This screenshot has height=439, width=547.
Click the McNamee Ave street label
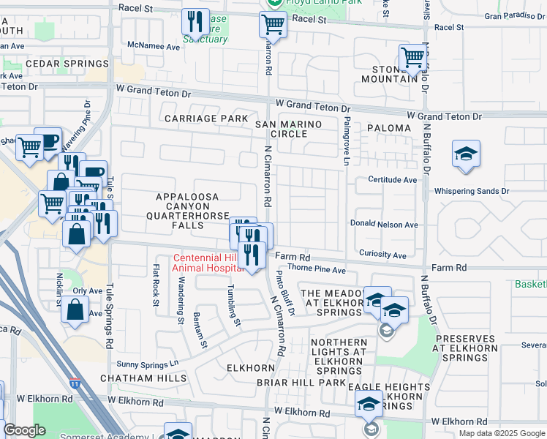pyautogui.click(x=153, y=46)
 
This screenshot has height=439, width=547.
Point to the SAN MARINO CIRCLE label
pyautogui.click(x=288, y=129)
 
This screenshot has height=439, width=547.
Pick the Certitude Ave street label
pyautogui.click(x=392, y=179)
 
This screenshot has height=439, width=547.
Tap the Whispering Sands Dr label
pyautogui.click(x=471, y=191)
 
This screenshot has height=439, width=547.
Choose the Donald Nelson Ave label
pyautogui.click(x=384, y=225)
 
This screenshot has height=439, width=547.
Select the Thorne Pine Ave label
pyautogui.click(x=320, y=270)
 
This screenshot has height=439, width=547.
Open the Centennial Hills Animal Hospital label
pyautogui.click(x=208, y=263)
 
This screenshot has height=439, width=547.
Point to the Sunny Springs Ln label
pyautogui.click(x=148, y=363)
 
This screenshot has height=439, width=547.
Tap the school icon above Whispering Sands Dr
pyautogui.click(x=466, y=154)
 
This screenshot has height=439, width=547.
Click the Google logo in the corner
pyautogui.click(x=24, y=430)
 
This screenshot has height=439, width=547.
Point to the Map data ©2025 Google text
pyautogui.click(x=501, y=432)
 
